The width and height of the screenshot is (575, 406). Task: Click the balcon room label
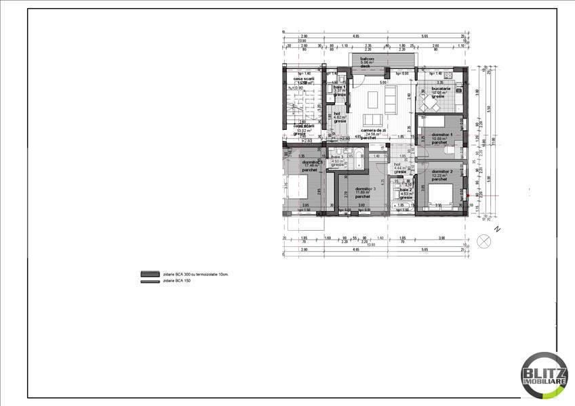367,59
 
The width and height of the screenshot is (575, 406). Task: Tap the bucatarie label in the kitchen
440,89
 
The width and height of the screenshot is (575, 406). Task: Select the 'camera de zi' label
372,131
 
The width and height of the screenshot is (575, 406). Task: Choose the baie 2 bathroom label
405,190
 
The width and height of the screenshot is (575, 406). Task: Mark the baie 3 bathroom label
338,157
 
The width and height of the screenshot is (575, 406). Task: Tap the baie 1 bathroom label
340,88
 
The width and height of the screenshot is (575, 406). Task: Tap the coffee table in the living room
373,101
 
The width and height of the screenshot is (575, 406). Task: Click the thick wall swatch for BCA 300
148,274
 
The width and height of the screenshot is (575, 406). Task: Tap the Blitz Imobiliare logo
544,375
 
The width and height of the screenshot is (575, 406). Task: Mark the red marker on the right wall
467,196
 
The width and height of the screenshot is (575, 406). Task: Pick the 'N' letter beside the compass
497,229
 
